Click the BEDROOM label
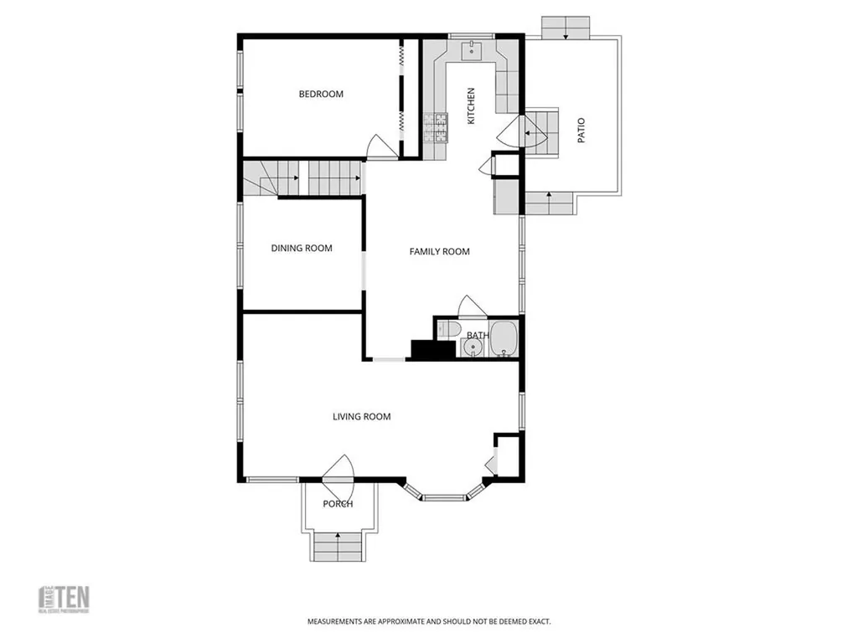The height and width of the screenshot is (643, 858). (321, 94)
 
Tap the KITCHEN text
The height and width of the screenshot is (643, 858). (471, 106)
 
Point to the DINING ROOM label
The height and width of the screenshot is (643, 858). (302, 248)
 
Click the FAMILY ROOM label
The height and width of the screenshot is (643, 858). (439, 251)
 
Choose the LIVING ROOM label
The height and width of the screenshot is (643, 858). (361, 416)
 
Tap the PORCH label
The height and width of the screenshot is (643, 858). (338, 504)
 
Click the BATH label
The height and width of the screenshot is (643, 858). (477, 336)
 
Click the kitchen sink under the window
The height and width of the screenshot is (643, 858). (473, 51)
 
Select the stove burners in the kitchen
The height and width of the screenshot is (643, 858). (436, 126)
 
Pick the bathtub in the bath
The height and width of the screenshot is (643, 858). (504, 339)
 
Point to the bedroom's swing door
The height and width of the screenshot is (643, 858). (378, 147)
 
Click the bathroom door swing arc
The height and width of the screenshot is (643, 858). (472, 306)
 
